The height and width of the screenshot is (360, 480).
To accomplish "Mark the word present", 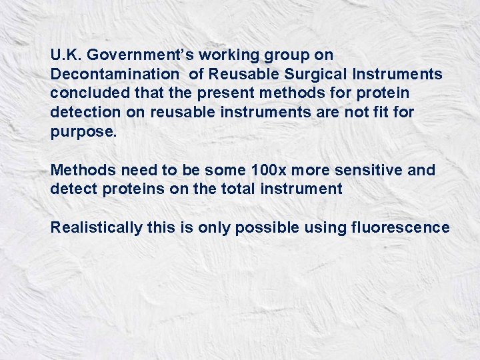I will (x=200, y=93).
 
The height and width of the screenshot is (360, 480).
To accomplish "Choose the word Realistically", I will (x=97, y=228).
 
